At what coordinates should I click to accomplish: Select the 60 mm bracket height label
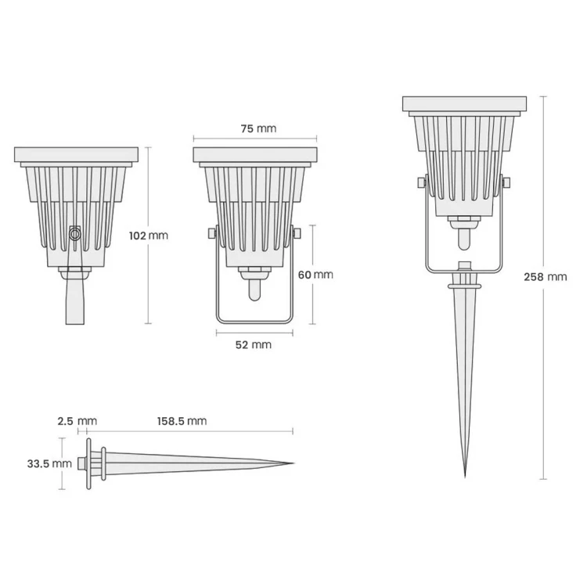[x=315, y=274]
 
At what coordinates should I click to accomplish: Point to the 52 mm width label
[x=254, y=344]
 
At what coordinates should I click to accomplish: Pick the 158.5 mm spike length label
[x=182, y=421]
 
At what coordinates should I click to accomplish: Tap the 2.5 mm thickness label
[x=77, y=421]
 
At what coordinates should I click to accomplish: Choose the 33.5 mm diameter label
[x=49, y=463]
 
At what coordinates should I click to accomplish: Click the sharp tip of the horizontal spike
[x=293, y=463]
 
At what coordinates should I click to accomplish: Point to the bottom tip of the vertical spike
[x=465, y=474]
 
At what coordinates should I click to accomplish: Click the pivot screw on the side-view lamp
[x=75, y=233]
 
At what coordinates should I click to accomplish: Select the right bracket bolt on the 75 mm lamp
[x=297, y=233]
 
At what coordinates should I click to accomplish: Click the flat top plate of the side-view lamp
[x=76, y=155]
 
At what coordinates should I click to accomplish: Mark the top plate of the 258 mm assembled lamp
[x=465, y=103]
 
